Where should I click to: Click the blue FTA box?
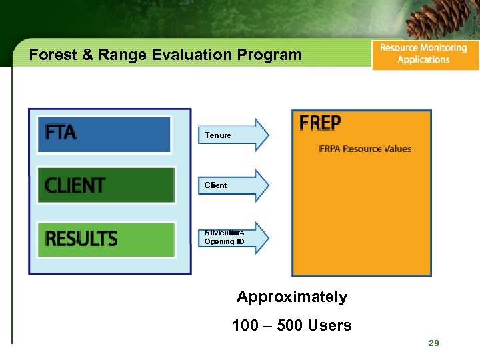pos(104,134)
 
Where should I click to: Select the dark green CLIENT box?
pos(105,185)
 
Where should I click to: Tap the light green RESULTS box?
pos(106,239)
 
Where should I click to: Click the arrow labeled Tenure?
pos(233,135)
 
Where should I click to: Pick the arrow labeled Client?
pos(233,185)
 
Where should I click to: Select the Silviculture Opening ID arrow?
pos(233,237)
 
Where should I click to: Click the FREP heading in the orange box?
pos(321,124)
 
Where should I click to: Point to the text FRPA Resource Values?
pos(365,149)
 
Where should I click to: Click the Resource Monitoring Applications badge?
pos(425,54)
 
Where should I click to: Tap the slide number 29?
pos(434,343)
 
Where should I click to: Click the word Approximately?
pos(292,297)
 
